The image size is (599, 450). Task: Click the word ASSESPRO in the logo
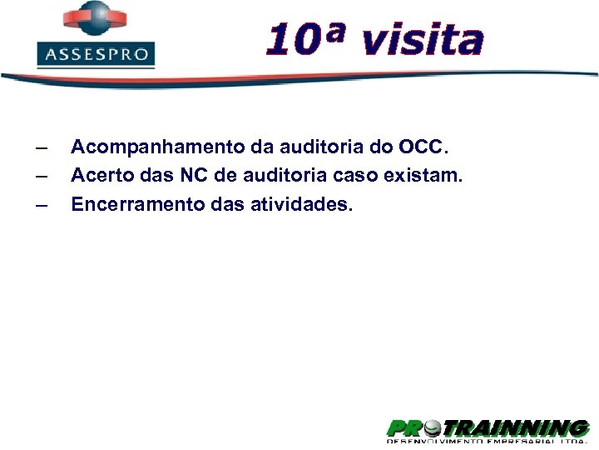click(x=96, y=56)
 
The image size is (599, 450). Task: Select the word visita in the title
click(x=423, y=40)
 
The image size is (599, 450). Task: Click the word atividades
click(x=301, y=204)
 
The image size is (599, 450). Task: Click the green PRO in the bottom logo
click(x=403, y=429)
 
